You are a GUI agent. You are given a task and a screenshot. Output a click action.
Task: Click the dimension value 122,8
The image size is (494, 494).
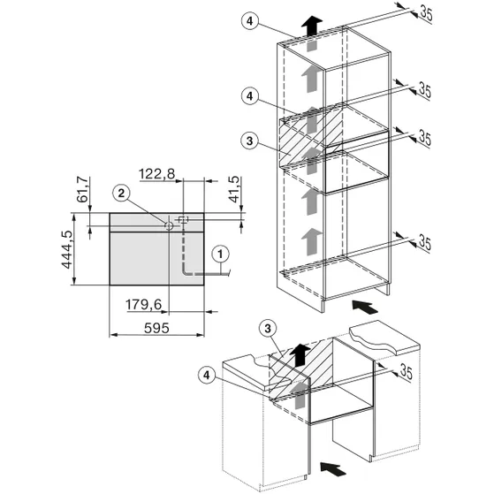(x=157, y=173)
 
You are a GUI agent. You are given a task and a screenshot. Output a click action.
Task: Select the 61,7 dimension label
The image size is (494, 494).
(x=82, y=189)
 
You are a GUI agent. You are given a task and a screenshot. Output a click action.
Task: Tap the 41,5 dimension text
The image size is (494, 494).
(x=235, y=189)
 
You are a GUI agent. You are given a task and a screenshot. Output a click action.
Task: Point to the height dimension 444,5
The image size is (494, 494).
(x=67, y=249)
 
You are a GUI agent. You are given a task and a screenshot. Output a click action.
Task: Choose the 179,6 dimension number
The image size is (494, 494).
(x=144, y=305)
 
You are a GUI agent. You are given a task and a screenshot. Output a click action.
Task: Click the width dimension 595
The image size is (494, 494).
(x=156, y=328)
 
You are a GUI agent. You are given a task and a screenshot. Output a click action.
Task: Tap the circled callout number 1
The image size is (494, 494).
(x=220, y=254)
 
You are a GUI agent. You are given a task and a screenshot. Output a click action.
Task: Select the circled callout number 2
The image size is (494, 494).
(x=121, y=194)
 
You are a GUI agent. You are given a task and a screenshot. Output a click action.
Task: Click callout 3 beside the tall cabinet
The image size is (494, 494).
(x=249, y=141)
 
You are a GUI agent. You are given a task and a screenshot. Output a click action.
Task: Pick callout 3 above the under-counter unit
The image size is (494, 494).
(x=268, y=329)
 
